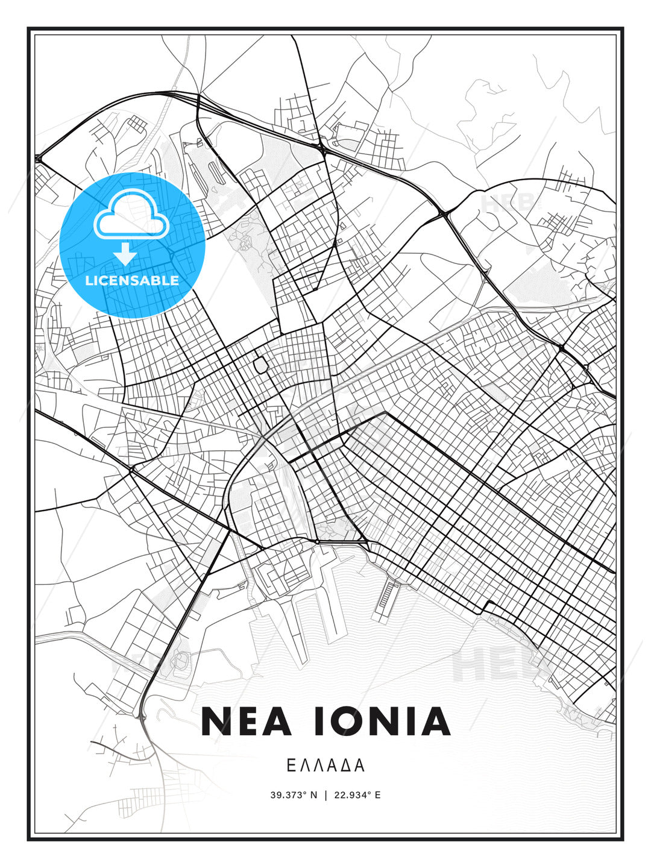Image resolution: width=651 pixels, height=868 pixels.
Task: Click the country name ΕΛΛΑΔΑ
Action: pos(325,766)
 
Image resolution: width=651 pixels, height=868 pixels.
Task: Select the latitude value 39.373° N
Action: pos(294,795)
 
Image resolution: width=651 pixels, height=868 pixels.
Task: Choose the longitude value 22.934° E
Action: pos(357,795)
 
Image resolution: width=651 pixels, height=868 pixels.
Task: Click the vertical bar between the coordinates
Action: pos(326,795)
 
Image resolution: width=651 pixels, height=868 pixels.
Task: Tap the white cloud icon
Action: pos(131,215)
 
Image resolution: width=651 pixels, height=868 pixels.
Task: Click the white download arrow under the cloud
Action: pos(125,254)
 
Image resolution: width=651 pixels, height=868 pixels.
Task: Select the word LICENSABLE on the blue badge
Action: pos(132,280)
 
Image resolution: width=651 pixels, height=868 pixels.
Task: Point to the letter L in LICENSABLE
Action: pos(89,280)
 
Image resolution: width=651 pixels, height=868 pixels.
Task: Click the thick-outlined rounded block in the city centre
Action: pos(261,365)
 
